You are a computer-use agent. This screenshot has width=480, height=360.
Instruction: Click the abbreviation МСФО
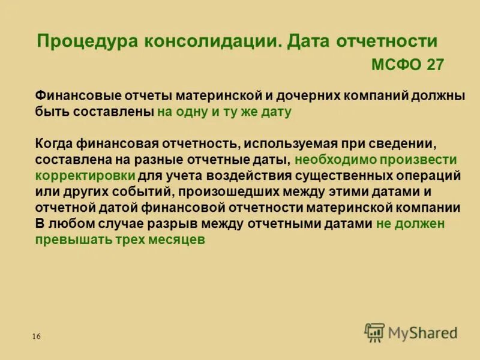point(397,65)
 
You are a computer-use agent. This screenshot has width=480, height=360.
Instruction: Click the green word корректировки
point(85,176)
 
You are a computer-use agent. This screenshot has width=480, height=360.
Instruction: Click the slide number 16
point(37,337)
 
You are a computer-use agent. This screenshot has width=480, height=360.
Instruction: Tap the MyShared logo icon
point(374,332)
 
